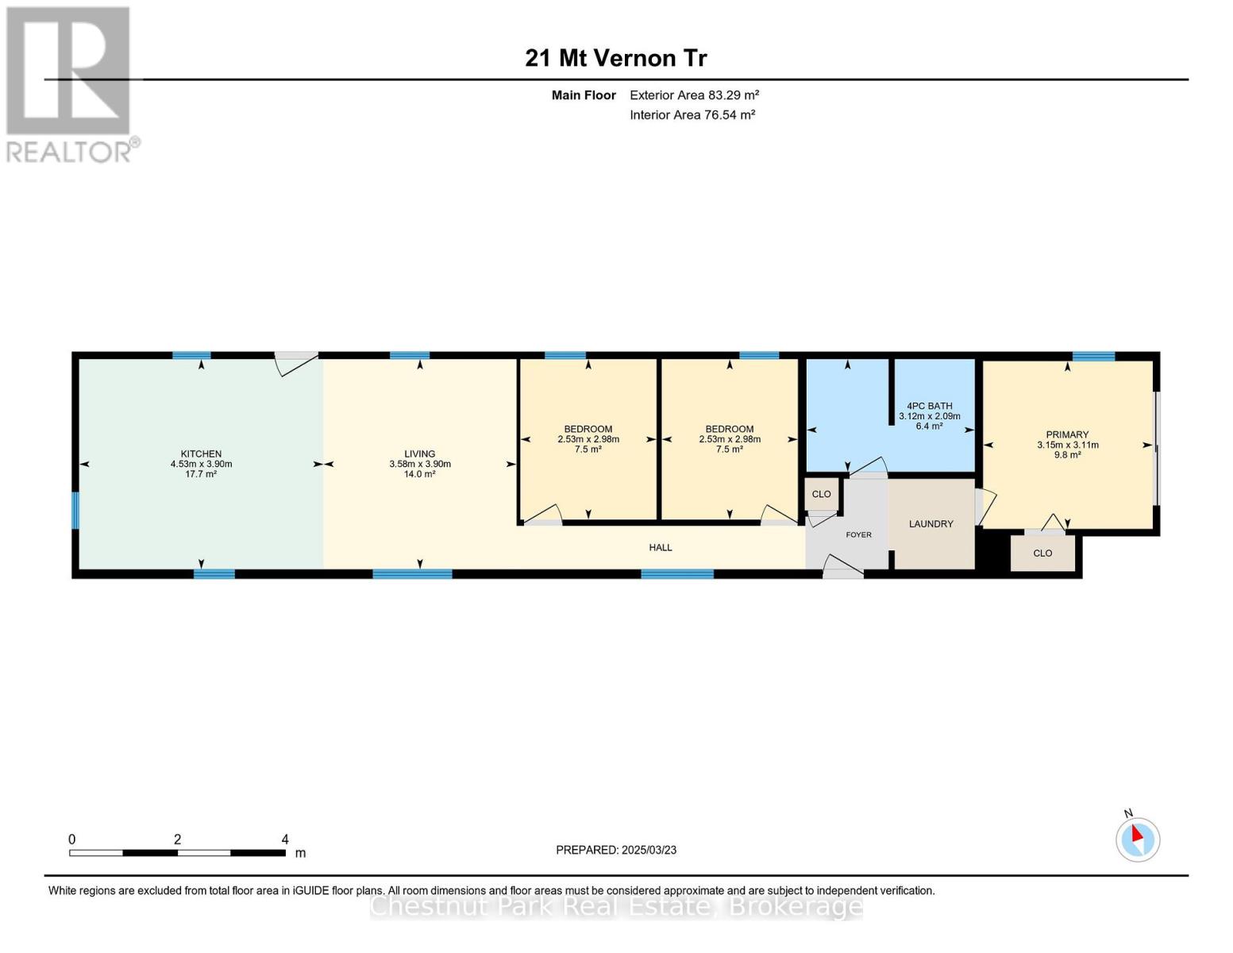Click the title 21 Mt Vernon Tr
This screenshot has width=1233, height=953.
tap(615, 59)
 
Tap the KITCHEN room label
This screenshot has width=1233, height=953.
tap(201, 453)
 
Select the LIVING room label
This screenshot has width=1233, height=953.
tap(420, 453)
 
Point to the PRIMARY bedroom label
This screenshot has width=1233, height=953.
tap(1067, 434)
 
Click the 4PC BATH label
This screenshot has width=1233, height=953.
tap(930, 406)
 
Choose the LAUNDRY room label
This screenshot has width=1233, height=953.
tap(931, 524)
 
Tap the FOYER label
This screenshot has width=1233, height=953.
tap(858, 534)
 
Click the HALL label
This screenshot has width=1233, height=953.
tap(661, 547)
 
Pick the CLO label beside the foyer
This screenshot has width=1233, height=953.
tap(821, 494)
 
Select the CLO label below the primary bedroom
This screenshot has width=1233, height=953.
tap(1042, 553)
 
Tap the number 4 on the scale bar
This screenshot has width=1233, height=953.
tap(285, 839)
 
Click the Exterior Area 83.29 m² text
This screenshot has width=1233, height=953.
tap(694, 95)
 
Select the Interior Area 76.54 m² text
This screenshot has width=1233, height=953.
tap(692, 114)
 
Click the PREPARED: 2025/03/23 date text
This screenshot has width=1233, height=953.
tap(615, 850)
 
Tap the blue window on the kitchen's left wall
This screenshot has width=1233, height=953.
tap(75, 511)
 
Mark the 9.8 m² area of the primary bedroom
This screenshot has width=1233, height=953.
tap(1067, 454)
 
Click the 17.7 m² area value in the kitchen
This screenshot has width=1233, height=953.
tap(201, 474)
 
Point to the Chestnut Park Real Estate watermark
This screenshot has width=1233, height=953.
tap(615, 906)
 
